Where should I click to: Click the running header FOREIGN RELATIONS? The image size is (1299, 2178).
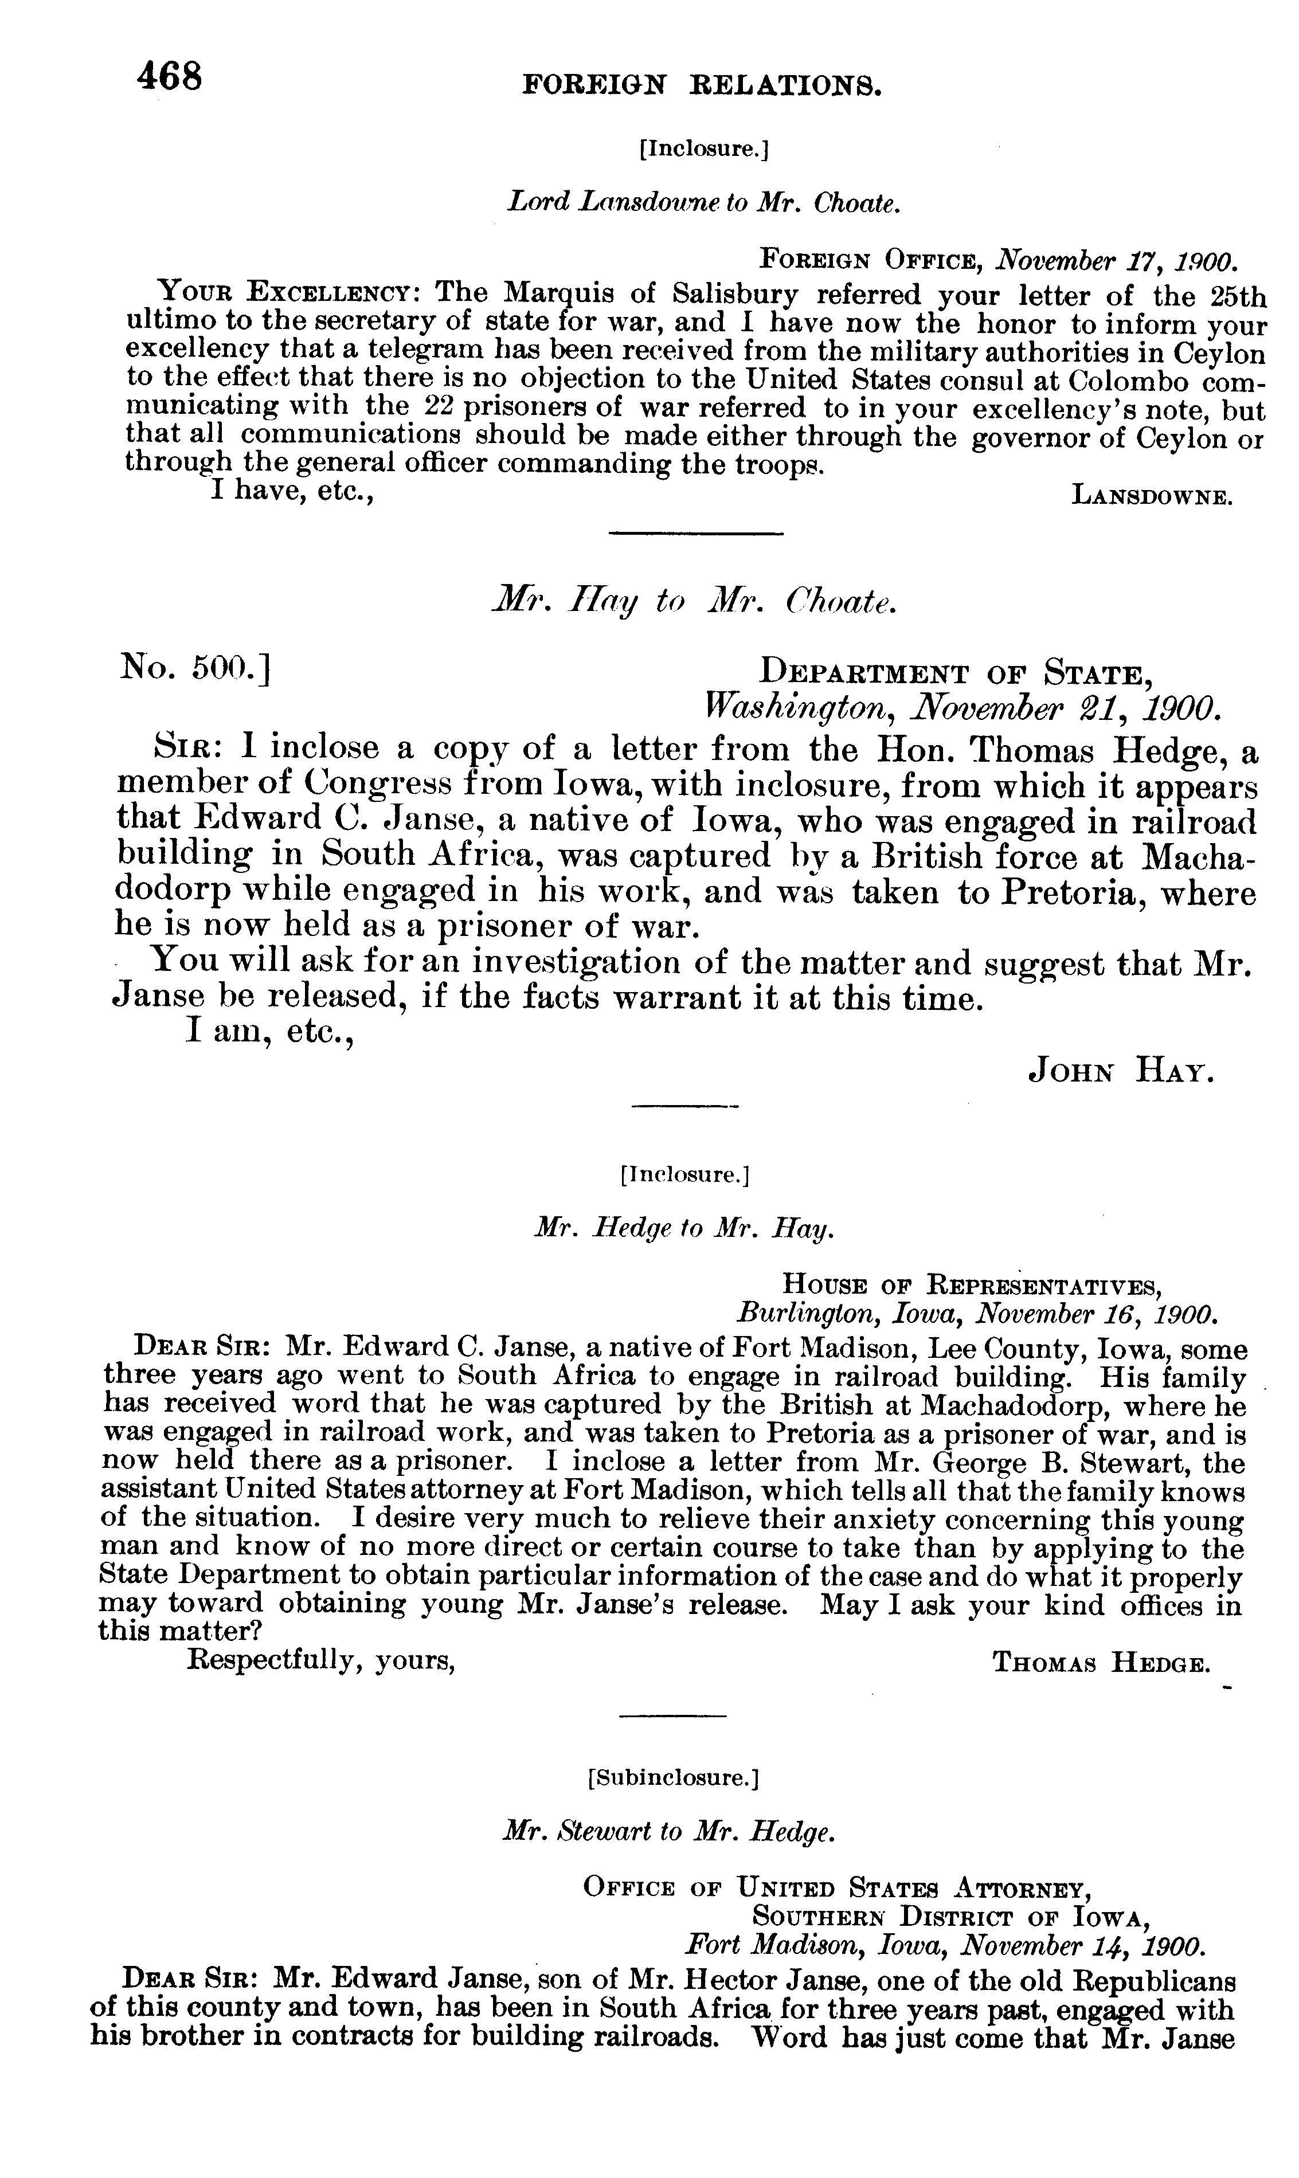pos(701,85)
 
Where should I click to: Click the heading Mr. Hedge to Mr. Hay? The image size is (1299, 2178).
pos(684,1229)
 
